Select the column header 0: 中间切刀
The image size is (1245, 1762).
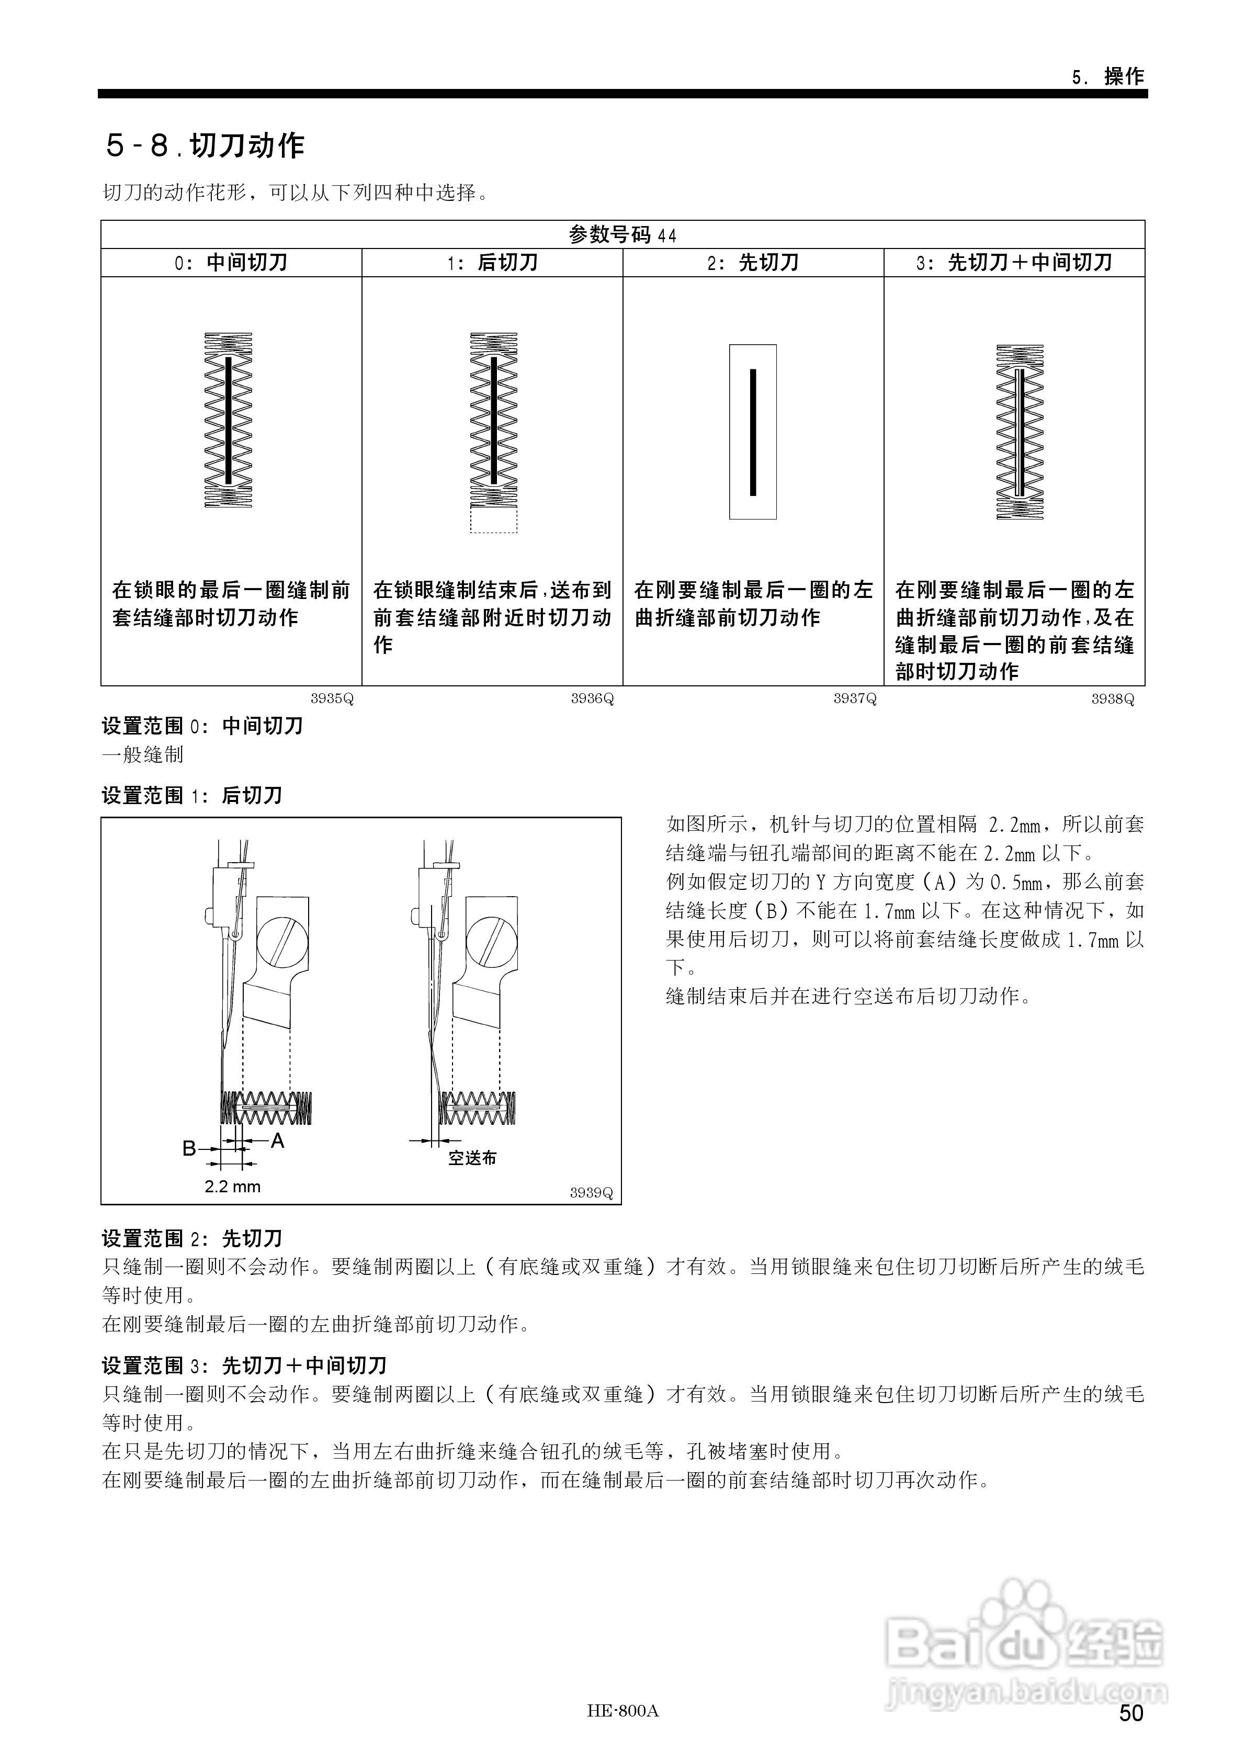point(231,263)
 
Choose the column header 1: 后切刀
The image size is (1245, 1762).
point(492,263)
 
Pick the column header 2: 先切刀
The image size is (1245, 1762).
point(753,263)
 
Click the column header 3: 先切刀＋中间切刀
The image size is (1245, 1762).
point(1014,263)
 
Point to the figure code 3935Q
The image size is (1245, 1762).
point(332,699)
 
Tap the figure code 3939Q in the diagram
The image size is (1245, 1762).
point(591,1193)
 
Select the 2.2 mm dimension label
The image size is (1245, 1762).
point(233,1187)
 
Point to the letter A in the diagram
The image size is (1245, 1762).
point(278,1141)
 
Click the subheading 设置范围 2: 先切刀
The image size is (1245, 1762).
point(192,1239)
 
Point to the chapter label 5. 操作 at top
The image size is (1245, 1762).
point(1107,77)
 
